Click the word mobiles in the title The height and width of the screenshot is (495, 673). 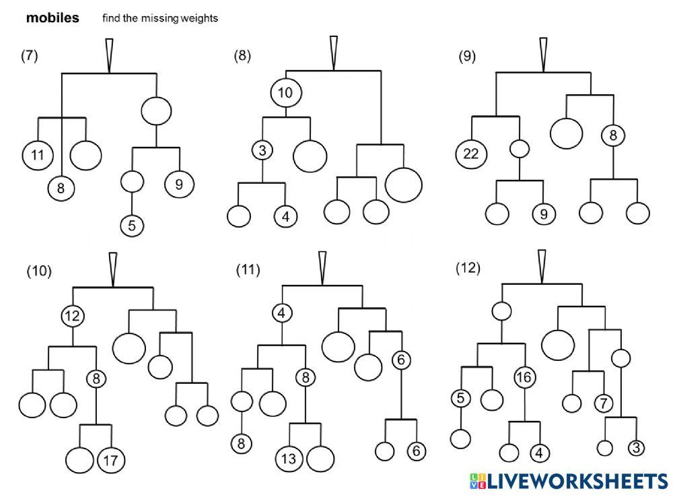(52, 18)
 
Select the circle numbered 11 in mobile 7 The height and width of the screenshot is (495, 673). (38, 155)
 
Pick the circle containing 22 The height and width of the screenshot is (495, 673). (471, 154)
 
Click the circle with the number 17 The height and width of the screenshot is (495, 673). (111, 460)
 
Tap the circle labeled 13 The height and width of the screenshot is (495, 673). (289, 459)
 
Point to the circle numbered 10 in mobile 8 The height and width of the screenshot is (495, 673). (286, 92)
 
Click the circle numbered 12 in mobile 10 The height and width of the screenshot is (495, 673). (72, 316)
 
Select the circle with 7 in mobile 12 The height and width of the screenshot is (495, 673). (604, 403)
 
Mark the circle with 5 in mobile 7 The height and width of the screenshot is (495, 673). (132, 226)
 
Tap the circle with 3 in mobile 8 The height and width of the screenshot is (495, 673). (262, 150)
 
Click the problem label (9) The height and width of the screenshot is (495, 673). (467, 57)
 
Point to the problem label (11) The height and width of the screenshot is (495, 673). (248, 270)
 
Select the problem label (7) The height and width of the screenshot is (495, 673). (29, 55)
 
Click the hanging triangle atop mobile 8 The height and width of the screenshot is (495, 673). (334, 53)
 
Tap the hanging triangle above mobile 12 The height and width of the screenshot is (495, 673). (542, 267)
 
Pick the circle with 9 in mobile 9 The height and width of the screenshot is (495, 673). (544, 214)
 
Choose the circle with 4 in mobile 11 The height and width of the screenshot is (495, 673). (281, 312)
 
